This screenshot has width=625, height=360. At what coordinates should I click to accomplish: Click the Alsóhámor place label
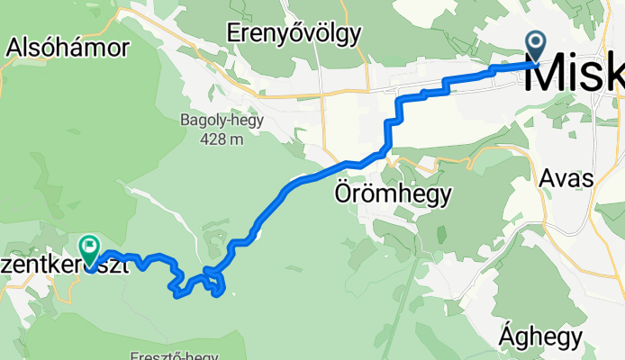tap(68, 49)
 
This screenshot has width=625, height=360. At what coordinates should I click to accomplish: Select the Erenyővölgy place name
tap(294, 34)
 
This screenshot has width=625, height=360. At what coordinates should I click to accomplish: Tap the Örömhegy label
tap(393, 193)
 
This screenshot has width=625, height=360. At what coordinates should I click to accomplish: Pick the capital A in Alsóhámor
tap(15, 49)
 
